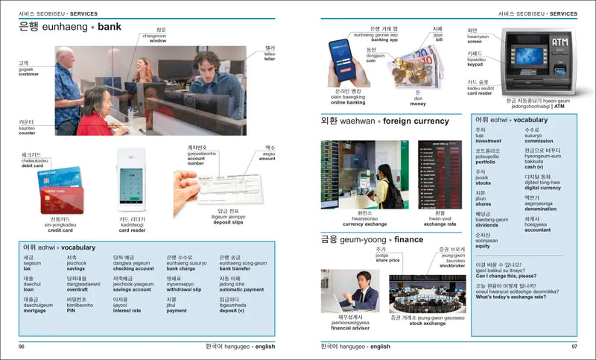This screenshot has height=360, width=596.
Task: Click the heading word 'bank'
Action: pyautogui.click(x=110, y=27)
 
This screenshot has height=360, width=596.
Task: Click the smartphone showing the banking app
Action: pyautogui.click(x=342, y=60)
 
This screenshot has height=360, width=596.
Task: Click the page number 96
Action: pyautogui.click(x=22, y=347)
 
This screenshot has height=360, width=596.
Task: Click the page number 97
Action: pyautogui.click(x=574, y=347)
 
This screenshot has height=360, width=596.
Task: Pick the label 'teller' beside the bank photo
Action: pyautogui.click(x=270, y=59)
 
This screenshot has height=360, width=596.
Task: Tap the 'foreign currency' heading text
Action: pyautogui.click(x=416, y=121)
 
